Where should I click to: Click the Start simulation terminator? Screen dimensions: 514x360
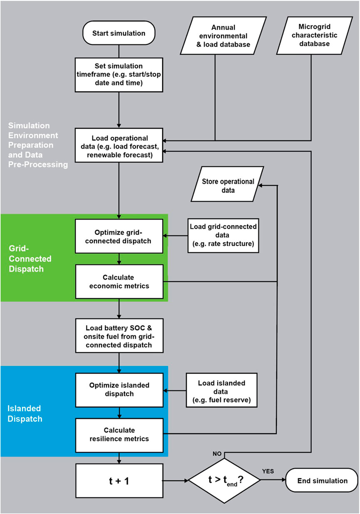click(x=119, y=34)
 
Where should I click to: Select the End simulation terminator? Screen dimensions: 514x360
click(x=322, y=480)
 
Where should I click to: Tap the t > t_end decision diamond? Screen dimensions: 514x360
click(x=224, y=480)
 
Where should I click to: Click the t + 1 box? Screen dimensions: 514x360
click(x=119, y=480)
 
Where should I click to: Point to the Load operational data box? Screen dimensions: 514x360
click(x=119, y=145)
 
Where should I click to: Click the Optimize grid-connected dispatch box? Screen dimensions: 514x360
click(x=119, y=236)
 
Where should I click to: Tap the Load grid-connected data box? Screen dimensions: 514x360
click(x=223, y=236)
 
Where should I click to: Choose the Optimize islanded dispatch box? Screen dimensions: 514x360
click(x=119, y=390)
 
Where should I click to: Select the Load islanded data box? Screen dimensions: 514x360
click(x=223, y=390)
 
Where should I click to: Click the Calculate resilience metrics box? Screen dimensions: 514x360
click(x=119, y=435)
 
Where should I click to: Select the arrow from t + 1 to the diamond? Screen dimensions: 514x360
click(x=175, y=480)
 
